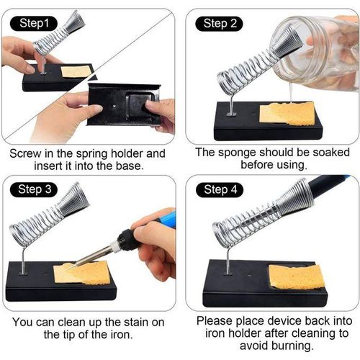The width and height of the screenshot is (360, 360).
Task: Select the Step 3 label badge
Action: point(35,190)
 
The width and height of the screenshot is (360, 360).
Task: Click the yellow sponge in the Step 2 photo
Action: point(287,113)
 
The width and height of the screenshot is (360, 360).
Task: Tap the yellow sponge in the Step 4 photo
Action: point(295,276)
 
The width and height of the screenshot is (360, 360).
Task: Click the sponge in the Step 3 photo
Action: point(81,272)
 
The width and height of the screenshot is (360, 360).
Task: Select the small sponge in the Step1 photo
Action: point(76,71)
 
